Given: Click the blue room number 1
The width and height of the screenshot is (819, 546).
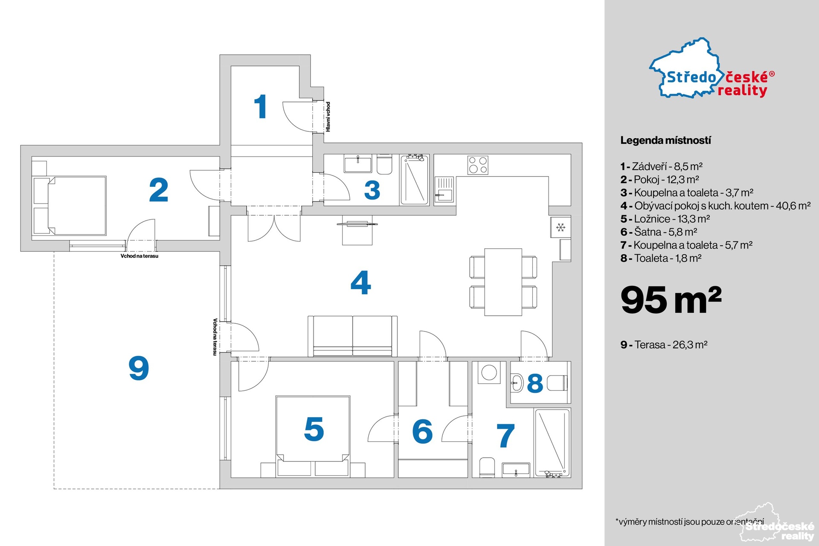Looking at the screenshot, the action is click(x=260, y=107).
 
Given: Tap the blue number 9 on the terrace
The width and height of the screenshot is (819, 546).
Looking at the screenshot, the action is click(x=139, y=368).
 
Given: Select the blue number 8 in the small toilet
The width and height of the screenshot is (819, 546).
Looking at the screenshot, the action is click(x=535, y=383).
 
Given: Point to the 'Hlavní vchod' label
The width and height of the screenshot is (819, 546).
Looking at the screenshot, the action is click(x=328, y=116).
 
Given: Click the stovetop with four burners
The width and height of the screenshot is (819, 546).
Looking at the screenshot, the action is click(x=478, y=165).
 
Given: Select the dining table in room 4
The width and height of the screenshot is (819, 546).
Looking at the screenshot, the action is click(x=503, y=282).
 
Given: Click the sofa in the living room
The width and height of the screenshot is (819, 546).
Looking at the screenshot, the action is click(x=353, y=336).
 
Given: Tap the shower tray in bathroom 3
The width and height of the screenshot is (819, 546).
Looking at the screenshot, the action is click(x=414, y=180).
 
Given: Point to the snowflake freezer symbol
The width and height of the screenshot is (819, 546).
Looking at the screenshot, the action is click(x=561, y=227).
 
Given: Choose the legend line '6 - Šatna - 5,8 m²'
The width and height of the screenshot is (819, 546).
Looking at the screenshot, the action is click(x=659, y=232).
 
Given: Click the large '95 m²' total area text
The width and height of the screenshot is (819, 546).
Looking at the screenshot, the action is click(x=671, y=299).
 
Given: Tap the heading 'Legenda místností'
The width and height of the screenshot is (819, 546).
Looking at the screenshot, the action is click(x=665, y=140).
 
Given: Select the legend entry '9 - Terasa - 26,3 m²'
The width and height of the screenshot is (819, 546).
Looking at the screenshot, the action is click(x=664, y=345).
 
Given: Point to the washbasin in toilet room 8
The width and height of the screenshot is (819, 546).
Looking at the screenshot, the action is click(x=517, y=383).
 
